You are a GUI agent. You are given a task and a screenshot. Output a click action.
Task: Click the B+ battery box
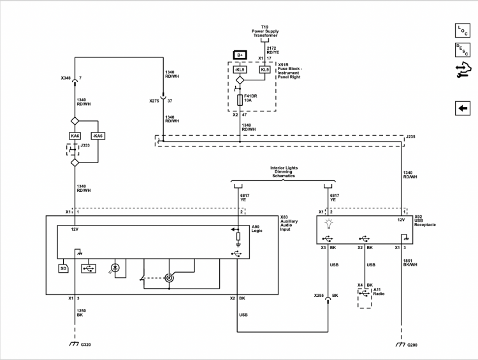[240, 55]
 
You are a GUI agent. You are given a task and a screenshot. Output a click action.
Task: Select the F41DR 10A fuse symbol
[240, 100]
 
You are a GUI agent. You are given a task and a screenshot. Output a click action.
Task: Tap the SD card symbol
[63, 268]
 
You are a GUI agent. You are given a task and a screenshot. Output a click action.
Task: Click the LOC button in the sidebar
[463, 31]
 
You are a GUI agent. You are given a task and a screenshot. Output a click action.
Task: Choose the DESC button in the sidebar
[463, 50]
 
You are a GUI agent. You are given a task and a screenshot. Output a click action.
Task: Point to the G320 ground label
[85, 345]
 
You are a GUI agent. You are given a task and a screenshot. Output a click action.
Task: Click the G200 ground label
[412, 345]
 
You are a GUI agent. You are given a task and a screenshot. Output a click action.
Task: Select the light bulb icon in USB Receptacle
[329, 224]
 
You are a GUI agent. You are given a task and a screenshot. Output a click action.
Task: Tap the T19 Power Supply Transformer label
[265, 31]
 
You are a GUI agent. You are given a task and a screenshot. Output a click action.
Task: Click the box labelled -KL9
[240, 70]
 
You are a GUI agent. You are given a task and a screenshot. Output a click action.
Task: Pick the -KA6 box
[98, 136]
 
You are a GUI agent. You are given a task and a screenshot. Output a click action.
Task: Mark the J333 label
[85, 145]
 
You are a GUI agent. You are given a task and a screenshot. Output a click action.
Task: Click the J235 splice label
[410, 137]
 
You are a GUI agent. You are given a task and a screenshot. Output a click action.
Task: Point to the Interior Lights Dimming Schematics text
[284, 172]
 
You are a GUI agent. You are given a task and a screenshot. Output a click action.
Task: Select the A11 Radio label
[379, 292]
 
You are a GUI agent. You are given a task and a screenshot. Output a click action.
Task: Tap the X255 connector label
[319, 296]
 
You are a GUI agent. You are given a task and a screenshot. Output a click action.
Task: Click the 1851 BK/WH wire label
[410, 263]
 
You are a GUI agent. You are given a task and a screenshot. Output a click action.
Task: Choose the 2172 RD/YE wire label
[273, 50]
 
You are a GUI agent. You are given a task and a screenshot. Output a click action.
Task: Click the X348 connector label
[66, 78]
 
